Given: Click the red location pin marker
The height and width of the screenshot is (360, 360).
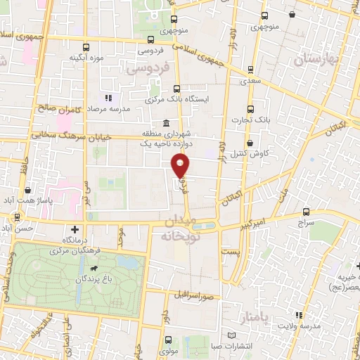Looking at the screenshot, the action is [x=181, y=165].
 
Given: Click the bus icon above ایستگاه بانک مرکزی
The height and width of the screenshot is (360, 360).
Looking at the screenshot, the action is [x=176, y=89].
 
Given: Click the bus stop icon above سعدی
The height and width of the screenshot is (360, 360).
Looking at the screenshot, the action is [x=250, y=70].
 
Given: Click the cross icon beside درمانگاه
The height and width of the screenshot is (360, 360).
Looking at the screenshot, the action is [x=75, y=229].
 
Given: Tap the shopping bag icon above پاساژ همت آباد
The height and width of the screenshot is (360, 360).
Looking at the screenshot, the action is [x=27, y=190].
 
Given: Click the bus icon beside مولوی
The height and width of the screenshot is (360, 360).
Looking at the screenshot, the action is [x=162, y=338].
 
